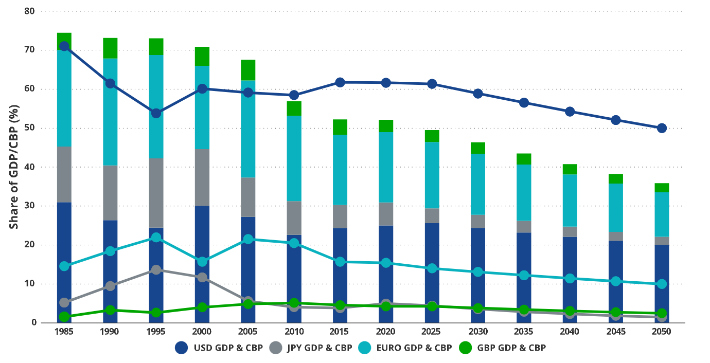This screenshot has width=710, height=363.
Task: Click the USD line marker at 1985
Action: (64, 46)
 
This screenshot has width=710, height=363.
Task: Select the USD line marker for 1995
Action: (156, 113)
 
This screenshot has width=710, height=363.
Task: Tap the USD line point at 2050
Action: (662, 128)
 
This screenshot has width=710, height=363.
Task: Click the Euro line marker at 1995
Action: (156, 238)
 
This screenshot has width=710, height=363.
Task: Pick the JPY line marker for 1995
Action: (156, 269)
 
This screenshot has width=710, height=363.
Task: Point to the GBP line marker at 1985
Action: (64, 317)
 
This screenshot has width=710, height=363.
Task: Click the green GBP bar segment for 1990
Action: (110, 48)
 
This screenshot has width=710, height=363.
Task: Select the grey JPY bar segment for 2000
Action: (202, 177)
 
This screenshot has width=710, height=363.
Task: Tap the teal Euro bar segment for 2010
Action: (294, 158)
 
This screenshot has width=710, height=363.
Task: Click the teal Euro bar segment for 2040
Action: (570, 201)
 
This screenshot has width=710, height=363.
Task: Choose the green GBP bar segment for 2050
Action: (662, 188)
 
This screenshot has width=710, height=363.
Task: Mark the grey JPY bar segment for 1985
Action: (64, 174)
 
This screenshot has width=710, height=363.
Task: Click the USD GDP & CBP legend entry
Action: (219, 348)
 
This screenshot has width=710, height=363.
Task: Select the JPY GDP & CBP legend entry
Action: (311, 348)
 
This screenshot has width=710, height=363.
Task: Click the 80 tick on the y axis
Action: (29, 11)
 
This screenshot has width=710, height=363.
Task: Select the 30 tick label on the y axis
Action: (29, 206)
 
